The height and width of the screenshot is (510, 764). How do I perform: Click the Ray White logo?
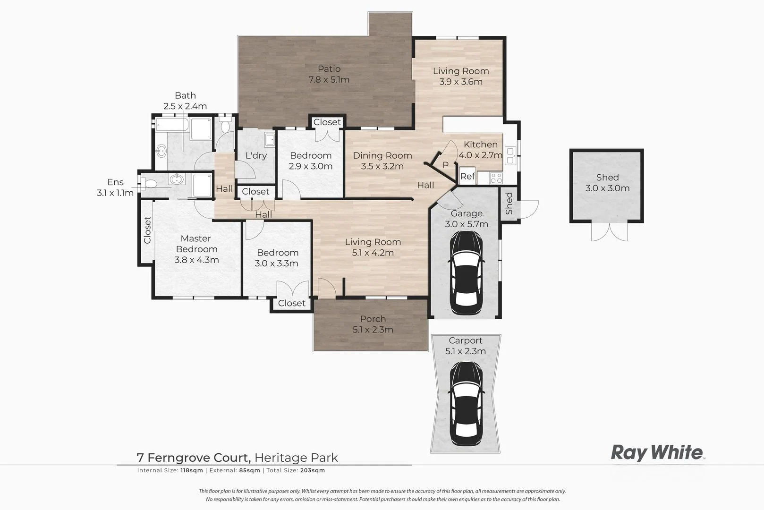(657, 453)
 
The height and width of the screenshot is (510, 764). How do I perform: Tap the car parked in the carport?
(466, 404)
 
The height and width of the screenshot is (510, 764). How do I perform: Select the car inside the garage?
(466, 273)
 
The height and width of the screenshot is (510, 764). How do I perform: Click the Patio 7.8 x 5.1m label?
(329, 74)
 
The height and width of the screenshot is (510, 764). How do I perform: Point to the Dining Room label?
(382, 155)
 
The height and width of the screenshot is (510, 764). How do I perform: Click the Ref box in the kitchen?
(467, 176)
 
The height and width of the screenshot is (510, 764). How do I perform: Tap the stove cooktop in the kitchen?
(496, 178)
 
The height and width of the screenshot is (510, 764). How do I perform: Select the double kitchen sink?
(510, 155)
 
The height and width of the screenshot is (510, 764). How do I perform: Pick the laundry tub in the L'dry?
(270, 140)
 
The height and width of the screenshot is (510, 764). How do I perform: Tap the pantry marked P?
(445, 165)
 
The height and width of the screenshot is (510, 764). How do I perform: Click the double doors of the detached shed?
(609, 232)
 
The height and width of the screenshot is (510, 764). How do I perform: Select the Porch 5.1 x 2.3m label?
(373, 324)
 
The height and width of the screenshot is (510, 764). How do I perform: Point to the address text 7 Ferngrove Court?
(194, 458)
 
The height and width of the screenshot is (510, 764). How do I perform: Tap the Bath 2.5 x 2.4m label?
(185, 101)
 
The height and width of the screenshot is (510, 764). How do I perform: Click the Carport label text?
(466, 340)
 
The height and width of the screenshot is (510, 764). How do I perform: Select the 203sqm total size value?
(313, 470)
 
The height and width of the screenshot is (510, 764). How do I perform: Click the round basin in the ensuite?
(176, 179)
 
